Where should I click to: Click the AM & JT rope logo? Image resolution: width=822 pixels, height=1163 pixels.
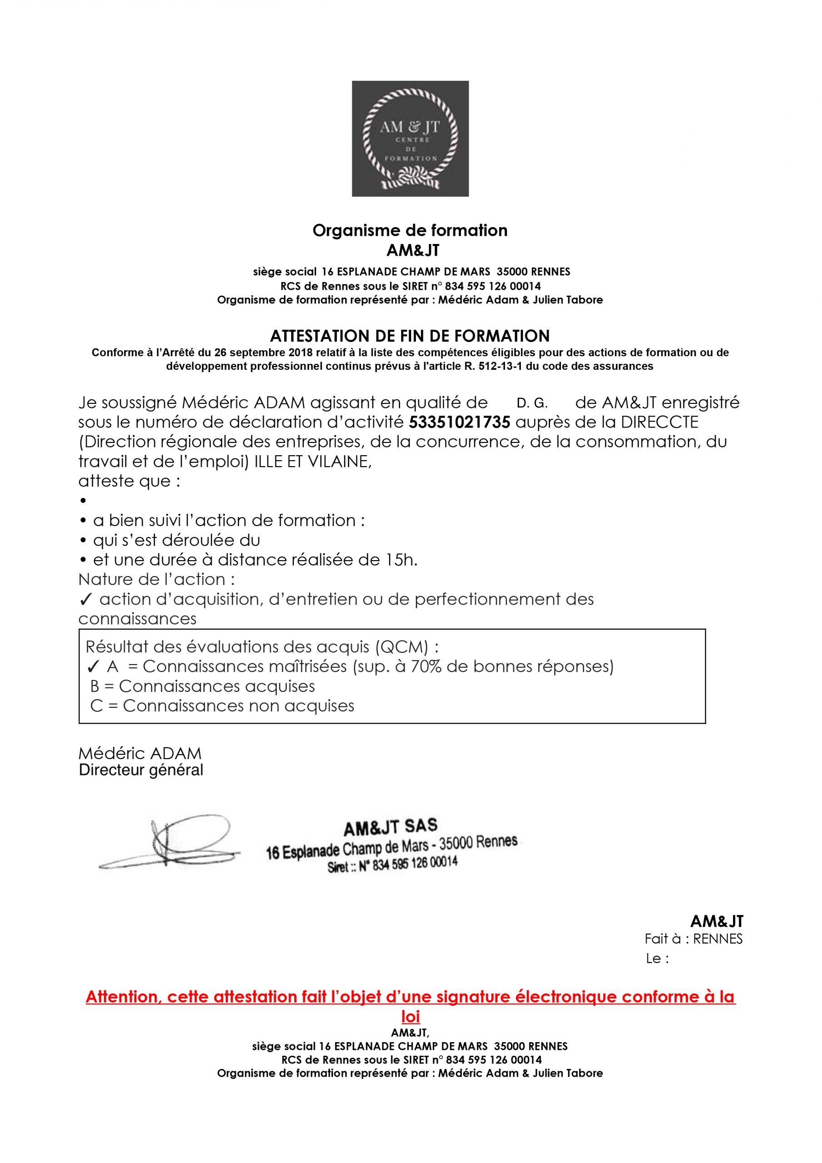click(410, 138)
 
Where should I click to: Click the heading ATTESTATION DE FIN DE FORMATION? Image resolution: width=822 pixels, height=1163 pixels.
click(410, 336)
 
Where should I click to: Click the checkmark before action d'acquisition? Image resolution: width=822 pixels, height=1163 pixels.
click(85, 600)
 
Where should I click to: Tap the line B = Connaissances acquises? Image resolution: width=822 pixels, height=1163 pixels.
click(203, 686)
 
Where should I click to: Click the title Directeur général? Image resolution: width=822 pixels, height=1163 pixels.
click(141, 770)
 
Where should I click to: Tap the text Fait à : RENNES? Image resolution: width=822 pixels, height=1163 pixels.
click(693, 939)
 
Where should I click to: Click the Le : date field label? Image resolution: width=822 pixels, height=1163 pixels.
click(658, 959)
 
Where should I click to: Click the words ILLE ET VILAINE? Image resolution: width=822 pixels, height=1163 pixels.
click(312, 462)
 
